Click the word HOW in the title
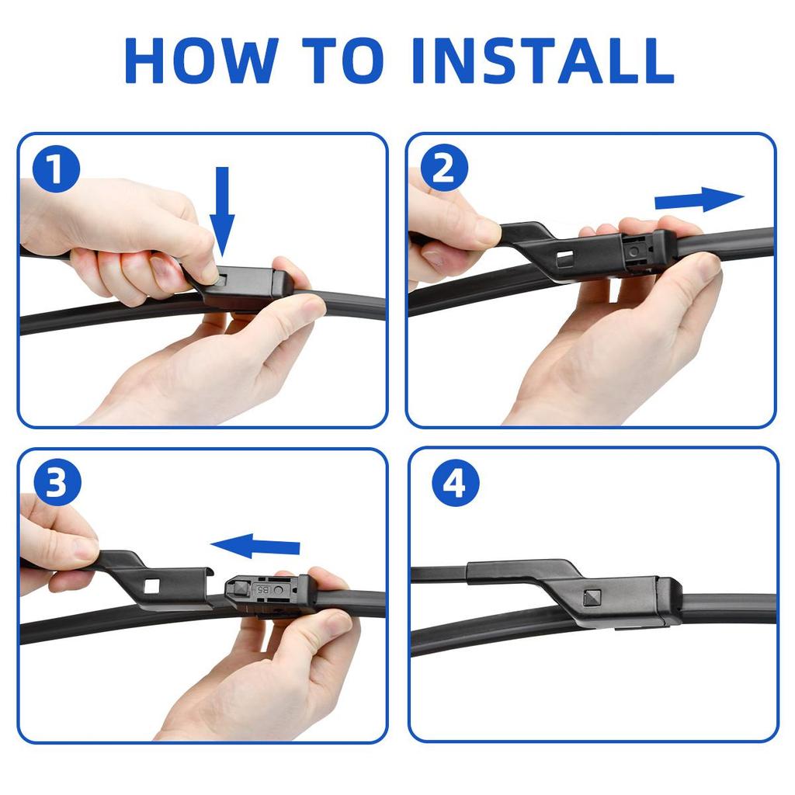pos(201,61)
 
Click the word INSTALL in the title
pos(543,61)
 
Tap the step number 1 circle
pos(56,168)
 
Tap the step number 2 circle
pos(444,168)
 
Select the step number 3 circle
pos(57,482)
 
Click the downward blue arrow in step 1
pos(222,211)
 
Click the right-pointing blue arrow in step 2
pos(700,200)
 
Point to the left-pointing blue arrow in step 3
pos(255,546)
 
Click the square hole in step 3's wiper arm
pos(151,587)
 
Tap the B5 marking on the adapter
pos(262,590)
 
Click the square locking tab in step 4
pos(592,598)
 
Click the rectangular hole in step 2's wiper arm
pos(565,258)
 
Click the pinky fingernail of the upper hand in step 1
pos(163,271)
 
